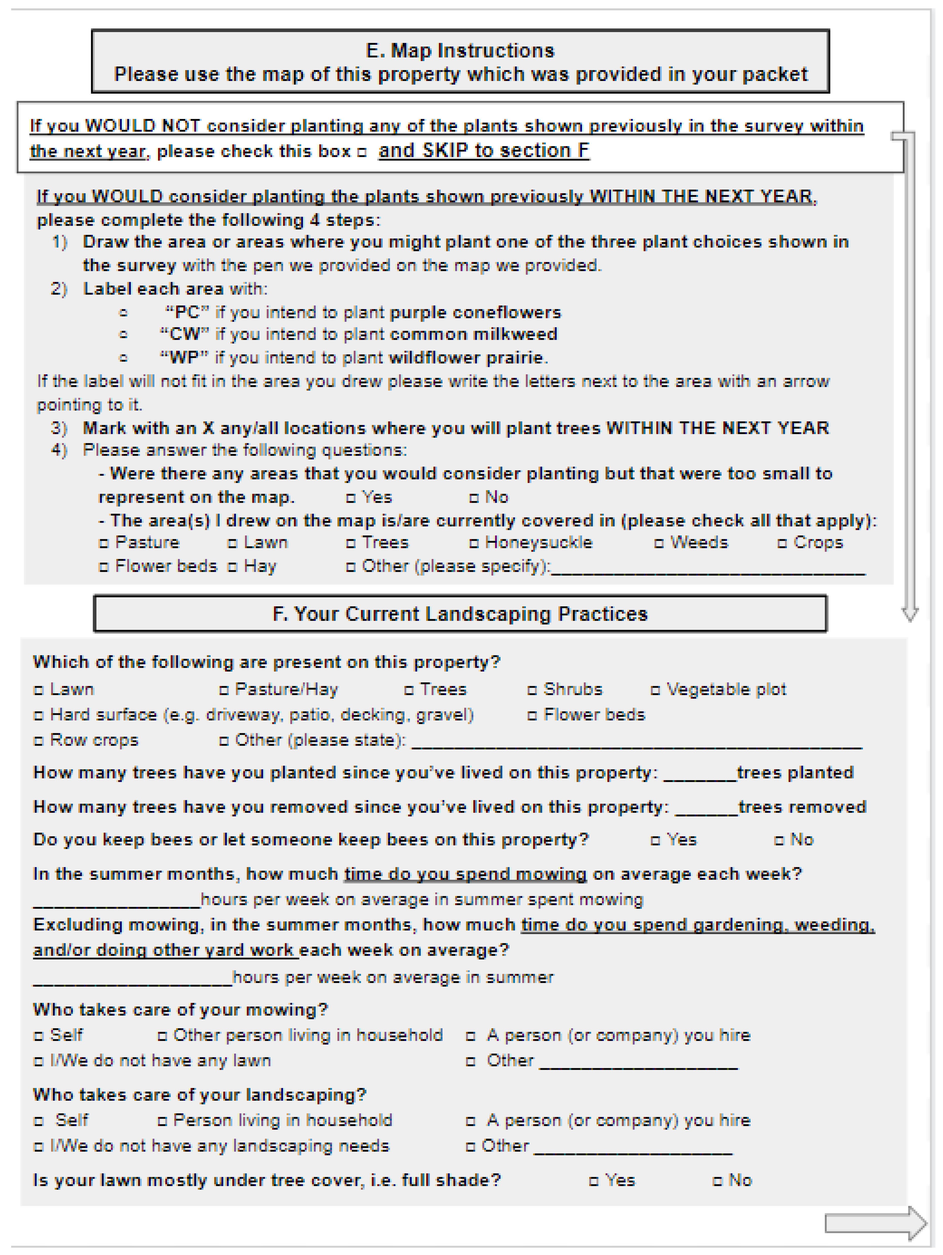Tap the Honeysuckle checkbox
click(473, 543)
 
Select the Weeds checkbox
click(658, 543)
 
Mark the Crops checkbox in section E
click(782, 543)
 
